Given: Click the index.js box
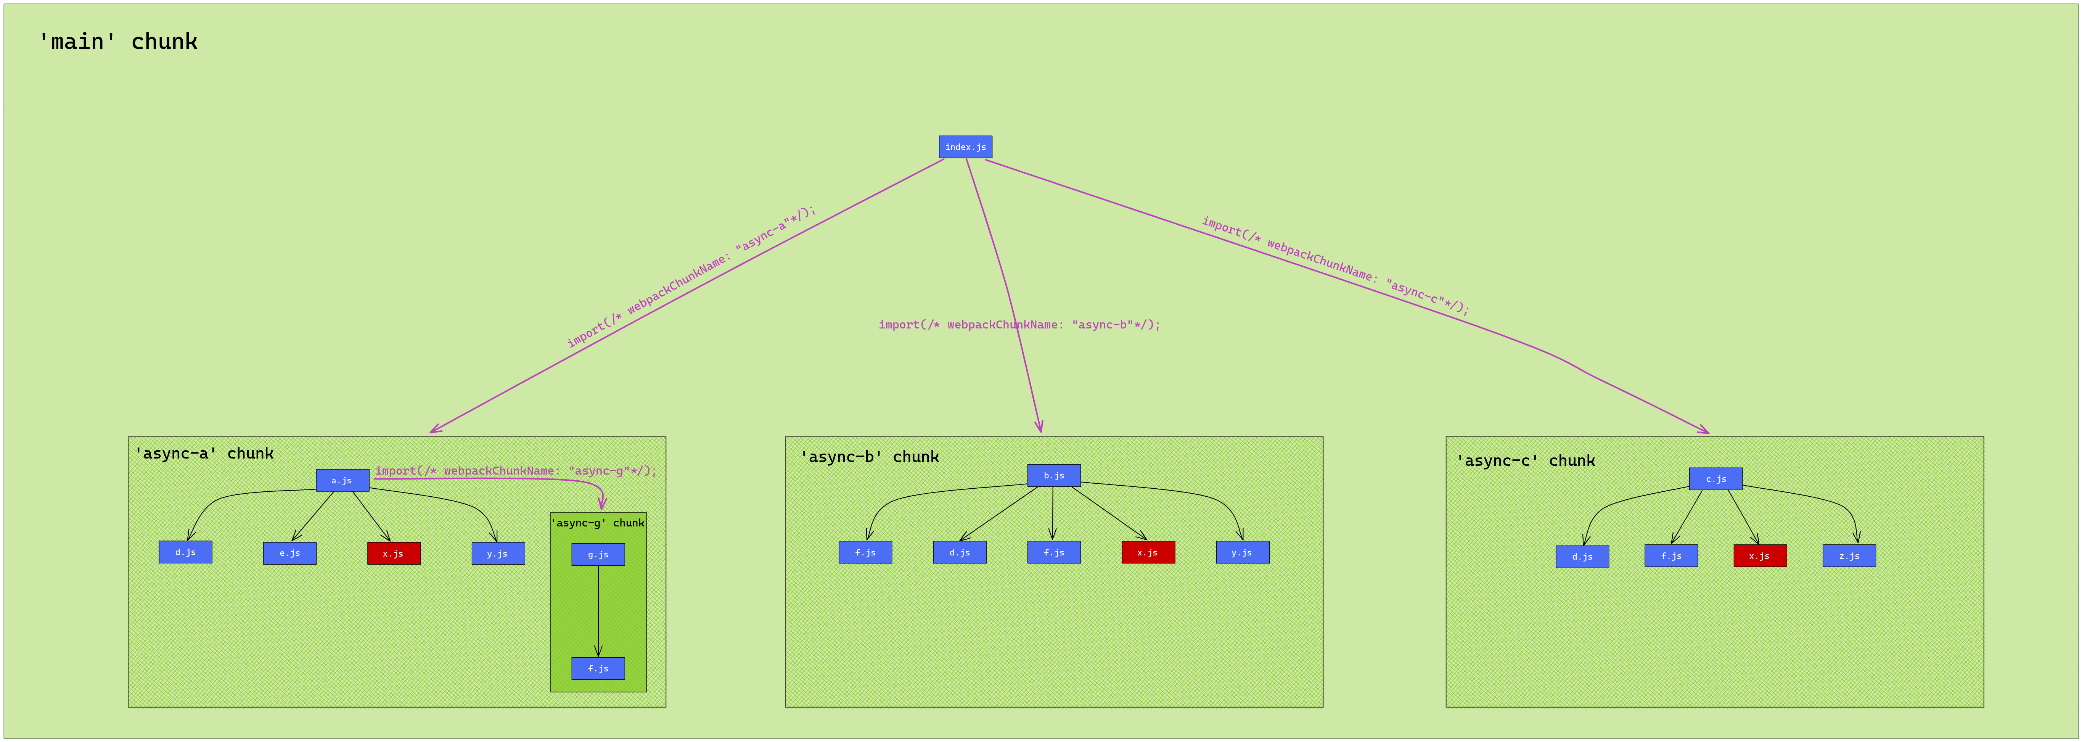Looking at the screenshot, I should (x=965, y=147).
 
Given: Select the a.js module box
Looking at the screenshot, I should (x=342, y=480).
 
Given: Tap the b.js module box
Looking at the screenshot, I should (x=1053, y=475).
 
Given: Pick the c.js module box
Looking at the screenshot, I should (x=1715, y=478).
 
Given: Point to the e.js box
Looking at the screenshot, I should (x=289, y=554).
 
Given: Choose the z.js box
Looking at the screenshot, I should (x=1849, y=556).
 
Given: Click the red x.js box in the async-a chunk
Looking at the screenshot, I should (x=394, y=554).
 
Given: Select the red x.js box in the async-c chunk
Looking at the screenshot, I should (x=1759, y=556).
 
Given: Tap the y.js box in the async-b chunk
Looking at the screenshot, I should (x=1242, y=553).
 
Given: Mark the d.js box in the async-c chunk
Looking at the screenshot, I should (x=1582, y=557).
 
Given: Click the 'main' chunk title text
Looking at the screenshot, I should (x=118, y=42).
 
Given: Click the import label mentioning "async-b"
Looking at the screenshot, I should (x=1019, y=325).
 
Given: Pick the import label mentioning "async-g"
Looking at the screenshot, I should (x=516, y=470).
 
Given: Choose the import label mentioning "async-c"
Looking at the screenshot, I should (x=1335, y=265).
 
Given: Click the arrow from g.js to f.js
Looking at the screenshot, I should (x=598, y=610).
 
